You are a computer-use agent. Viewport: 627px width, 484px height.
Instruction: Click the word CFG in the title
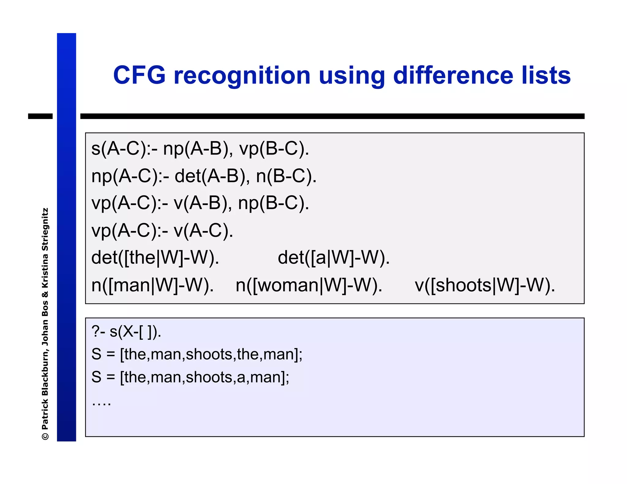tap(139, 75)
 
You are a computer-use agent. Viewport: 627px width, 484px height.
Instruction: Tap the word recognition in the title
tap(242, 76)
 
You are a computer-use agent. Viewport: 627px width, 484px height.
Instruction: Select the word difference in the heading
tap(453, 75)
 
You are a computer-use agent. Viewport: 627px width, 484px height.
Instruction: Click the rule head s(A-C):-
tap(124, 149)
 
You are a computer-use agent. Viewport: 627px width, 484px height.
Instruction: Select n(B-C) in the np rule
tap(286, 176)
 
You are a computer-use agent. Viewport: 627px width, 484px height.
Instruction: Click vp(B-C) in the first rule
tap(274, 149)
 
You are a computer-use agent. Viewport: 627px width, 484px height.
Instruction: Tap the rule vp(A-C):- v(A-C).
tap(162, 231)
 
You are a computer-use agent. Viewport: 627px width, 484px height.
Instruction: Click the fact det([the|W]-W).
tap(155, 258)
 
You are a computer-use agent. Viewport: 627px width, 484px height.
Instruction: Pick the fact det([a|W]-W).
tap(334, 258)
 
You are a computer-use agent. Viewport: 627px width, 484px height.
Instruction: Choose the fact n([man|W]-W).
tap(152, 285)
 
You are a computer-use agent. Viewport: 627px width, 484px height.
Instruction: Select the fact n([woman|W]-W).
tap(309, 285)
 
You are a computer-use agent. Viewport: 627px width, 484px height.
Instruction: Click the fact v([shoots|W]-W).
tap(485, 285)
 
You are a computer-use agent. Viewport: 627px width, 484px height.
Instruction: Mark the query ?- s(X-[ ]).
tap(126, 332)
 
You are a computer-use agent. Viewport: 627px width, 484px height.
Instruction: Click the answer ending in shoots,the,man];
tap(197, 354)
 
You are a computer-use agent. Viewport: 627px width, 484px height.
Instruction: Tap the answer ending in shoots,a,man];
tap(190, 377)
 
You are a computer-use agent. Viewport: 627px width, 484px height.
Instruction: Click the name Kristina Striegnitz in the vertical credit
tap(45, 248)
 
